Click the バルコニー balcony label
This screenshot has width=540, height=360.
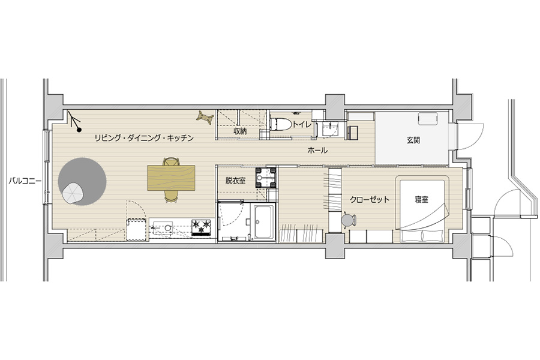(x=25, y=181)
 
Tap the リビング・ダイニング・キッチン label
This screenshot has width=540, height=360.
(x=144, y=138)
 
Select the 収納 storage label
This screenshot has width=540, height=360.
(x=239, y=131)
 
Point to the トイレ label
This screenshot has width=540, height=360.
(x=302, y=125)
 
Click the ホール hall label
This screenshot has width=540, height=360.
(x=317, y=150)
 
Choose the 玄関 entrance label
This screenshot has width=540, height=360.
(x=413, y=140)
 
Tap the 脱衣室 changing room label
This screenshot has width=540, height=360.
(x=236, y=180)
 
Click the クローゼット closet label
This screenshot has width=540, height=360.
(x=370, y=199)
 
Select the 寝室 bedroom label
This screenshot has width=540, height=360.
(x=422, y=199)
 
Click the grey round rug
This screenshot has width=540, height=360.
(x=82, y=182)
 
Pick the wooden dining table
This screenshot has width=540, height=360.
(x=171, y=178)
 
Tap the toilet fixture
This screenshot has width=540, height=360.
(x=280, y=124)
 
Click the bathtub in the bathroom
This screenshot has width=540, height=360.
(x=265, y=222)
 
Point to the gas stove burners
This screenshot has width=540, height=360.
(x=201, y=227)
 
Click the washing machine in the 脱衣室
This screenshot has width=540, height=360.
(x=266, y=178)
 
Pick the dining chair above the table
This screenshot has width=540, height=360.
(x=171, y=161)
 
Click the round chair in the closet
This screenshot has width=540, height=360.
(x=349, y=220)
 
